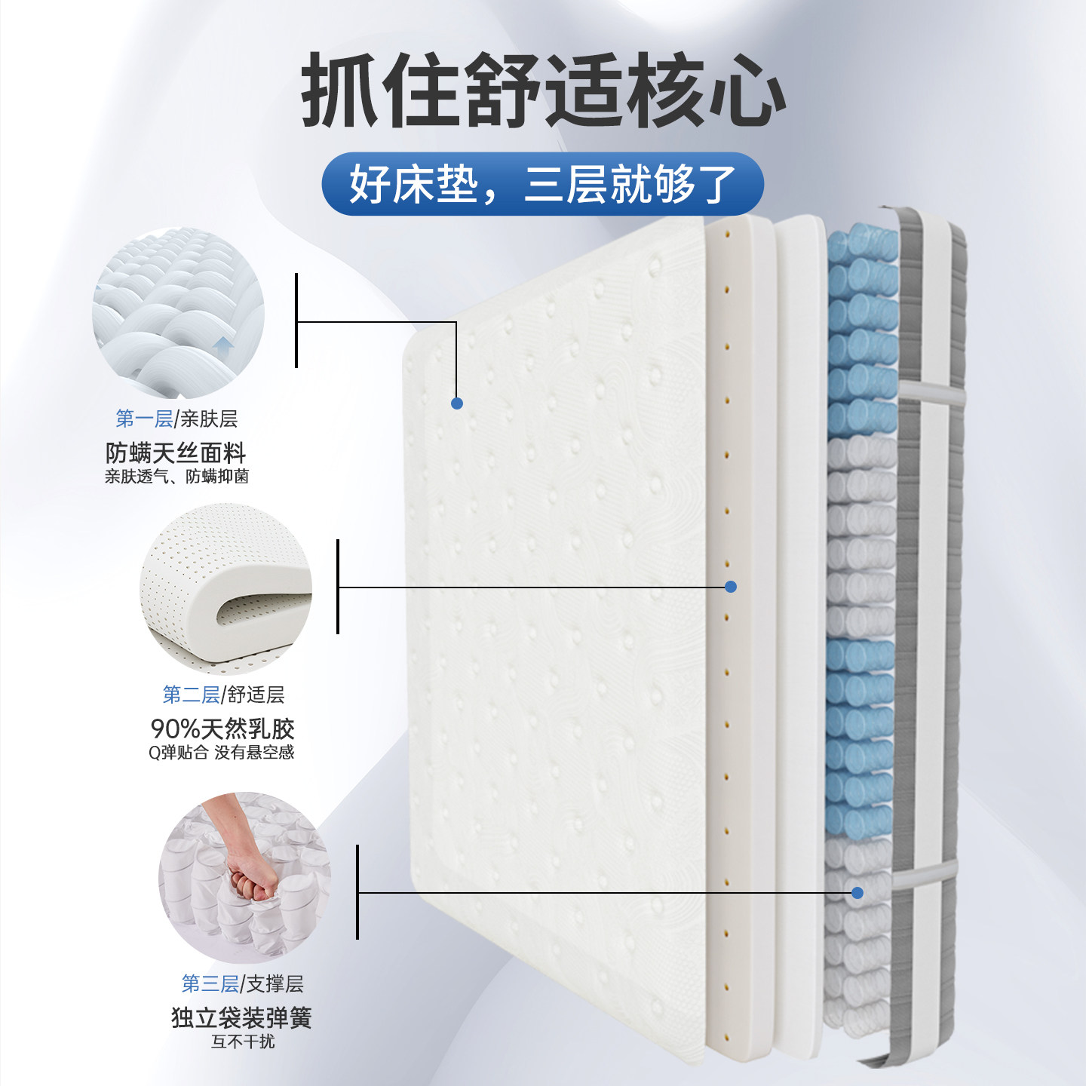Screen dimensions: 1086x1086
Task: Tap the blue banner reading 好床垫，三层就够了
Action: pos(543,184)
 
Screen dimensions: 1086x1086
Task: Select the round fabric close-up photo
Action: pos(178,313)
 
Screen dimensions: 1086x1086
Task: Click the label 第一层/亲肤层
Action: pos(176,419)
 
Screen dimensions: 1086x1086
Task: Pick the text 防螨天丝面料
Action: pos(176,453)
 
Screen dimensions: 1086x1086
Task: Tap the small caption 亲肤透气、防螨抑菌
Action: pos(176,477)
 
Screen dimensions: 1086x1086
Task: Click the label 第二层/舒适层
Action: pos(223,695)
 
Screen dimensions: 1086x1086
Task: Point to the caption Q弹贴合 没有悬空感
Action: pos(221,753)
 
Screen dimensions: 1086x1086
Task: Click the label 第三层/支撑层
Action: pos(242,983)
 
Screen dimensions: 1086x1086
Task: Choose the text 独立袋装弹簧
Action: pos(241,1018)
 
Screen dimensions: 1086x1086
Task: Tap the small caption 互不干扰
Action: pos(243,1042)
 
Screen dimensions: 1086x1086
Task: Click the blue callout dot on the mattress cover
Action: pos(456,403)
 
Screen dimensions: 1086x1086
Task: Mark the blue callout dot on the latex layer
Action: pos(730,587)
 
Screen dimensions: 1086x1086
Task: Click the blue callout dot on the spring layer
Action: pos(857,893)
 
